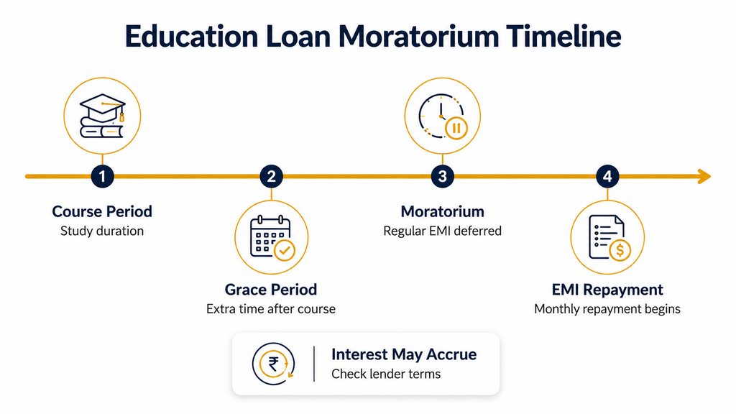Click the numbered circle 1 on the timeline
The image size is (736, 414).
coord(102,177)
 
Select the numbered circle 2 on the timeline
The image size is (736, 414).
coord(271,177)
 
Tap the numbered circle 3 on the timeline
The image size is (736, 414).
coord(442,177)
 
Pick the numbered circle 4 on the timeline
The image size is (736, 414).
coord(607,177)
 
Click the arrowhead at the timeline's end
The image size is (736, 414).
coord(704,177)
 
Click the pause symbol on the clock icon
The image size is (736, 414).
coord(456,128)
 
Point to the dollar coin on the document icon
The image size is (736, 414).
coord(620,250)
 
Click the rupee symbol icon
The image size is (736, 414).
coord(273,364)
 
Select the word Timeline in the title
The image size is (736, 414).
coord(563,36)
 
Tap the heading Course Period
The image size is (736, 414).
coord(102,212)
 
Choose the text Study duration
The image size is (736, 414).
coord(102,231)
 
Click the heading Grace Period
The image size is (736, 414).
coord(271,290)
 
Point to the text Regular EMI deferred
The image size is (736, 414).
coord(442,231)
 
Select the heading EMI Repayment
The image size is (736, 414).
coord(607,290)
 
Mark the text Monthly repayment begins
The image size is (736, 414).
coord(607,309)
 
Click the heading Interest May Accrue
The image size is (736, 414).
coord(404,354)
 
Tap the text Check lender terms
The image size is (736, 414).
coord(386,374)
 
